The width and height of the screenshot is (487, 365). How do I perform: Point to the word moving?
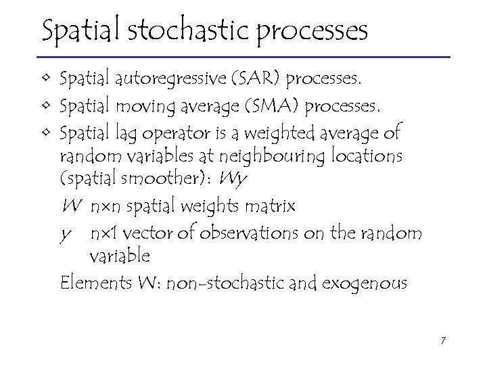click(x=152, y=107)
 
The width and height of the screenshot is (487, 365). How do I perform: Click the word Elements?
click(x=89, y=282)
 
